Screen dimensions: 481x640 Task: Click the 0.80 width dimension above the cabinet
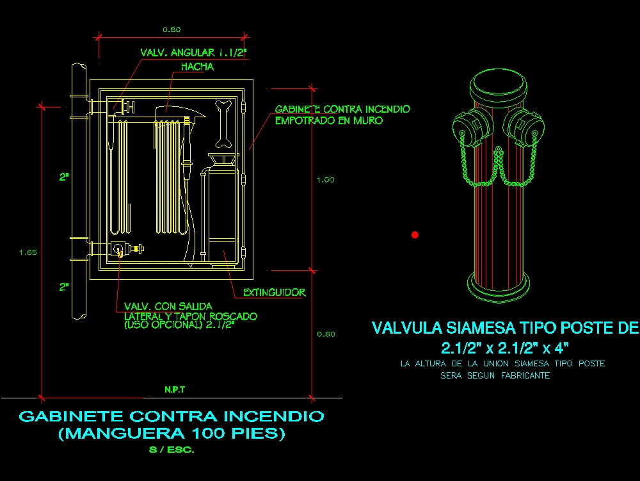click(172, 29)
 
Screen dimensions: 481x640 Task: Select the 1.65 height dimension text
click(28, 252)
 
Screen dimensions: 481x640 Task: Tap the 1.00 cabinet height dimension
click(325, 180)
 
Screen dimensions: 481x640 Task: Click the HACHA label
click(197, 67)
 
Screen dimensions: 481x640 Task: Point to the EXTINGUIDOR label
click(275, 293)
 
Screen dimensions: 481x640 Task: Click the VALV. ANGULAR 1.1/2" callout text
click(193, 53)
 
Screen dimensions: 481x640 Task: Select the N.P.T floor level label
click(174, 389)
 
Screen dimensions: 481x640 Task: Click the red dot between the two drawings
click(415, 235)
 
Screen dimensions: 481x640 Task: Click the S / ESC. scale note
click(172, 450)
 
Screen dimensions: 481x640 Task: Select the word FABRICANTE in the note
click(525, 376)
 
